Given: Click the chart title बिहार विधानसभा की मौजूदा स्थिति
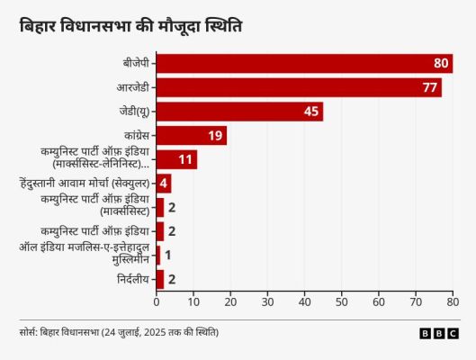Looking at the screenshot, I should point(130,28).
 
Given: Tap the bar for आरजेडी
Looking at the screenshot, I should point(298,87).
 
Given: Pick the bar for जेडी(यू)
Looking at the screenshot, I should point(238,112).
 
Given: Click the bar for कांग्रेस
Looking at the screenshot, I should point(191,136).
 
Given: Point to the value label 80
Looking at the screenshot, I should point(441,63).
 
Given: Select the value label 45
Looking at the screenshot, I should point(311,112).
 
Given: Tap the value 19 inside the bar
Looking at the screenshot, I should point(215,136).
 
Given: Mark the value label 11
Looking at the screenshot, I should point(185,159).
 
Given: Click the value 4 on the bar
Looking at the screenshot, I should point(164,184).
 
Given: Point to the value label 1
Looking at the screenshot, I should point(167,256).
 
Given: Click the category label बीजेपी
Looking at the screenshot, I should point(137,63).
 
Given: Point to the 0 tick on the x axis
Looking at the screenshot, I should point(157,303).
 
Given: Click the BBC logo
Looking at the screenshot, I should point(438,333).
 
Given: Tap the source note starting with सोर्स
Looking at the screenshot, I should point(119,333).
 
